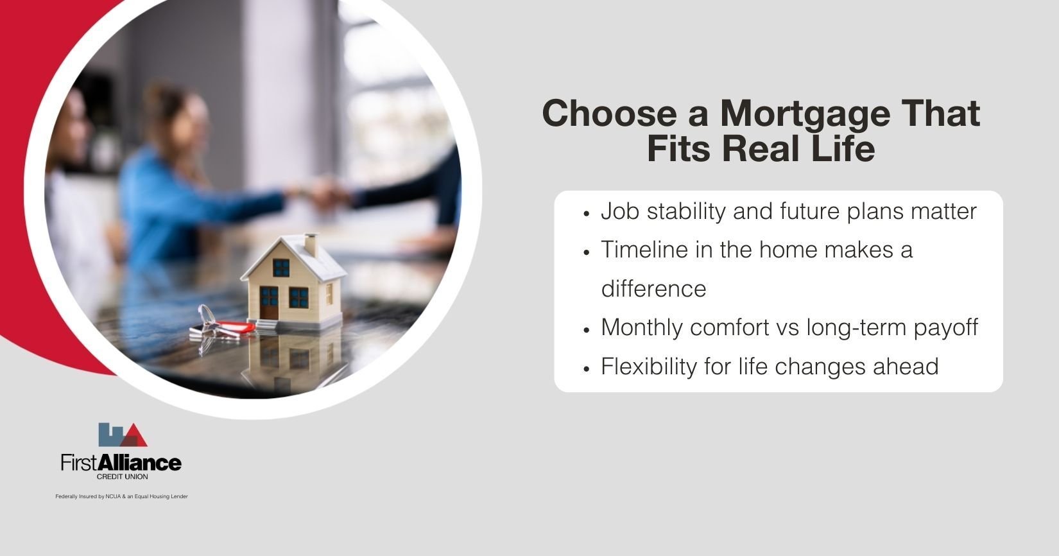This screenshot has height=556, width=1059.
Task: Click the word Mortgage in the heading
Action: [804, 114]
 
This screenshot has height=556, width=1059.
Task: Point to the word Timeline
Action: [644, 249]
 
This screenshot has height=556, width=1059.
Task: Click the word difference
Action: [653, 289]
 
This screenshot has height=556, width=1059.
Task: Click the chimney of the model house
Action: [311, 245]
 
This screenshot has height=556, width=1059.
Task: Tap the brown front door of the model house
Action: [270, 308]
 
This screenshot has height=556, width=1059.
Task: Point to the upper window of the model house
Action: [281, 267]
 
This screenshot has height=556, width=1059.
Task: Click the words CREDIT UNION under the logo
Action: [121, 477]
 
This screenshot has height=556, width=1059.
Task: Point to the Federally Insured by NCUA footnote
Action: [121, 496]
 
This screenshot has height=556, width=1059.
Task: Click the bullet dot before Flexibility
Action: [587, 369]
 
